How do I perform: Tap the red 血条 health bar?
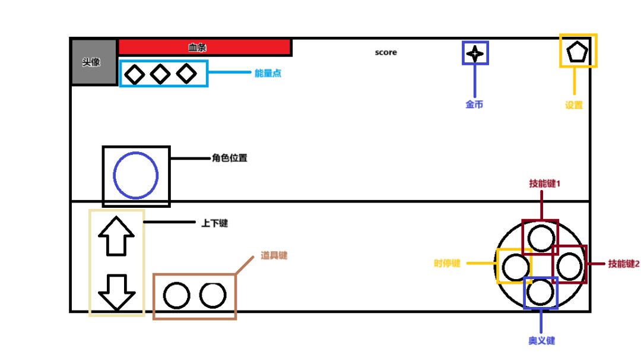[204, 47]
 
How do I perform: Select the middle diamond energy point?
[160, 74]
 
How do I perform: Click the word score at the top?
[386, 52]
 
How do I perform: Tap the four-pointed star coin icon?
[475, 53]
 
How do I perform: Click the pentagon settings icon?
[577, 53]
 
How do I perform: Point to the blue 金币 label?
[474, 104]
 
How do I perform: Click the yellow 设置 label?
[574, 105]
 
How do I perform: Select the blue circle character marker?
[136, 175]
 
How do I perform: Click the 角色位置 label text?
[229, 159]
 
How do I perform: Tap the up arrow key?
[116, 236]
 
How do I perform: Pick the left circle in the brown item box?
[176, 296]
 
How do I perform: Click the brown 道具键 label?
[274, 256]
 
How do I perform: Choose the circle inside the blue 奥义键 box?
[540, 292]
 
